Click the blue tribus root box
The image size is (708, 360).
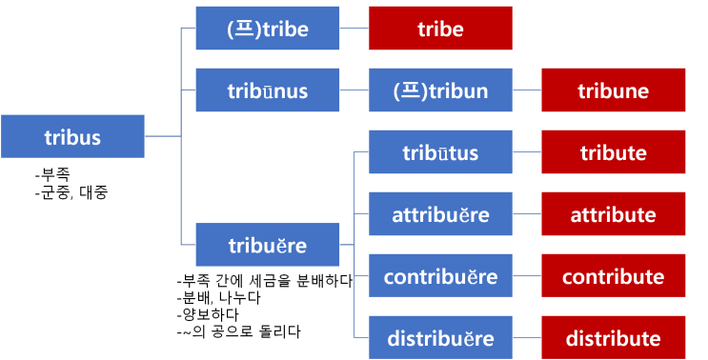tap(72, 136)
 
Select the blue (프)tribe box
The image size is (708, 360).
tap(267, 29)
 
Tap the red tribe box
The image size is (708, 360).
tap(440, 29)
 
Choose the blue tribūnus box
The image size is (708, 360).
tap(267, 90)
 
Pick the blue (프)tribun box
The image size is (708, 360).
tap(440, 90)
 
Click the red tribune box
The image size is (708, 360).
tap(613, 90)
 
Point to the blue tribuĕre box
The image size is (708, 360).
tap(267, 245)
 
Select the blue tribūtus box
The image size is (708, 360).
tap(440, 152)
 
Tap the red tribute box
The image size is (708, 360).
tap(613, 152)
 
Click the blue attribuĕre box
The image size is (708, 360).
tap(440, 214)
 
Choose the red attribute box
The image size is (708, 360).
tap(613, 214)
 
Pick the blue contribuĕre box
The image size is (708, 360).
tap(440, 276)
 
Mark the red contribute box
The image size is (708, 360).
tap(613, 276)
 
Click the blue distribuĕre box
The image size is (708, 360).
tap(440, 338)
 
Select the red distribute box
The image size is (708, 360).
tap(613, 338)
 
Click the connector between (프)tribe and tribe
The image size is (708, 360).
tap(354, 29)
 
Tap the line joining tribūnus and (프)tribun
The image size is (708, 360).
tap(354, 90)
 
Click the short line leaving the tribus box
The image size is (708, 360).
tap(162, 136)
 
